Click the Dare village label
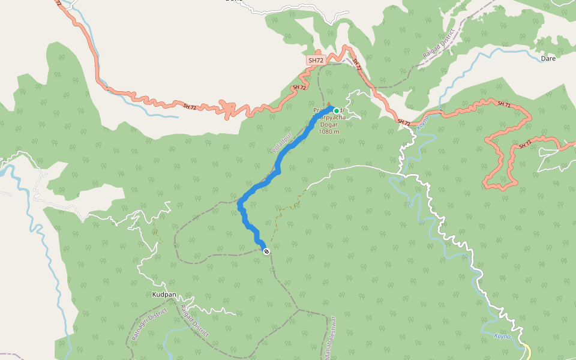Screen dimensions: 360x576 (548, 59)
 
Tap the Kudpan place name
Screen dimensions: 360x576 (164, 295)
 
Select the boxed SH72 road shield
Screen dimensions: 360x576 (316, 61)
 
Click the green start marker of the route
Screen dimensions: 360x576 (336, 110)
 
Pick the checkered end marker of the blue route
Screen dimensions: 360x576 (266, 251)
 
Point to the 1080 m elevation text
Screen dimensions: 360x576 (329, 132)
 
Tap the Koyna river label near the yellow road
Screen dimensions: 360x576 (502, 337)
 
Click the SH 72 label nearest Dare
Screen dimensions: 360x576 (504, 105)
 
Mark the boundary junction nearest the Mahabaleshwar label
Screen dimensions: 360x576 (298, 310)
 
